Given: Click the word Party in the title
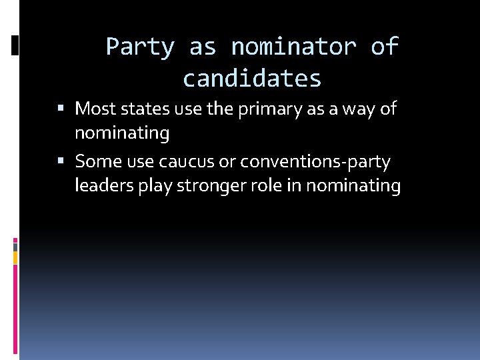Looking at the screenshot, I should coord(139,47).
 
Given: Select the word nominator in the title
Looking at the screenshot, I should coord(293,47).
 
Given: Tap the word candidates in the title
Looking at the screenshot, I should coord(252,79).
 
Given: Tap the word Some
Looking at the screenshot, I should coord(96,161).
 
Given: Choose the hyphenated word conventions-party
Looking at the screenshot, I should coord(315,162).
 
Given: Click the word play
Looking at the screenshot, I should coord(154,187).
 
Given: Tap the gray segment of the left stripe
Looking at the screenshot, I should coord(15,247).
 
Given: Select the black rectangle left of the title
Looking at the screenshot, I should coord(15,45).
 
